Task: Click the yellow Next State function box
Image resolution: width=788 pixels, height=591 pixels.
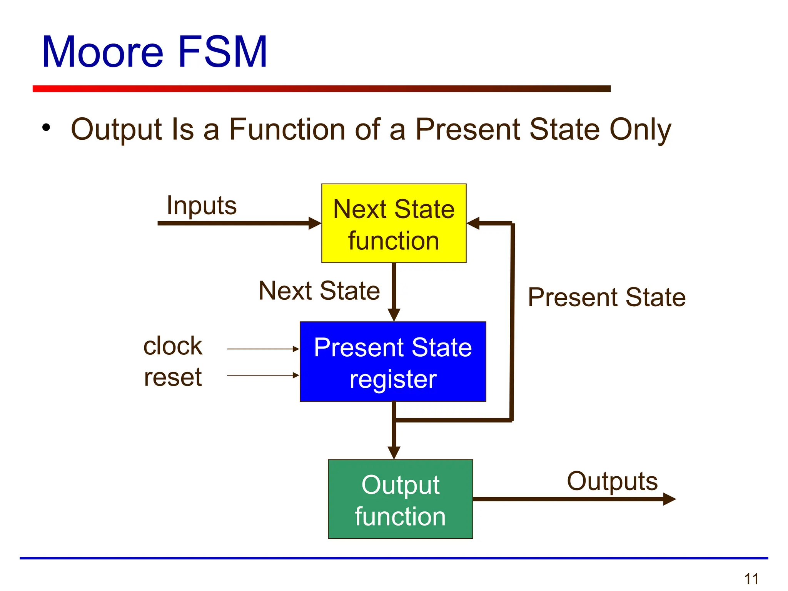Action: click(x=394, y=224)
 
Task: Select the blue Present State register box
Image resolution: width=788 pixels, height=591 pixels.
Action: click(x=393, y=362)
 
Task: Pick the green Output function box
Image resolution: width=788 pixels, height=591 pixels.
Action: click(x=400, y=499)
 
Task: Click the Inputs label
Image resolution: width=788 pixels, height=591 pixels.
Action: click(x=201, y=205)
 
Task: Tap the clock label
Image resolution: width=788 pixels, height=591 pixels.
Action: click(x=172, y=346)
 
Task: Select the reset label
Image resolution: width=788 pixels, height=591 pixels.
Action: click(x=173, y=377)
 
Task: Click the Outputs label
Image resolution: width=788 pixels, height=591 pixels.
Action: click(x=612, y=481)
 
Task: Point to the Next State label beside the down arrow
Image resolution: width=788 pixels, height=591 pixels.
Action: click(x=319, y=290)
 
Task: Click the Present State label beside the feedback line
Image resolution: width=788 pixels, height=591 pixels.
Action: click(x=607, y=297)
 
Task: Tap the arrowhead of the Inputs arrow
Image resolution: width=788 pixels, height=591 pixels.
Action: click(x=315, y=223)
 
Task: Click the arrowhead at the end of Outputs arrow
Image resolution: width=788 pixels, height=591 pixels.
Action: click(x=669, y=499)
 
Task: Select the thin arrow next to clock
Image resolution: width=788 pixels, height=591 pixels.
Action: click(x=263, y=349)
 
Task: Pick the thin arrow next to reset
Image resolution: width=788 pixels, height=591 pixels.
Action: click(x=263, y=375)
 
